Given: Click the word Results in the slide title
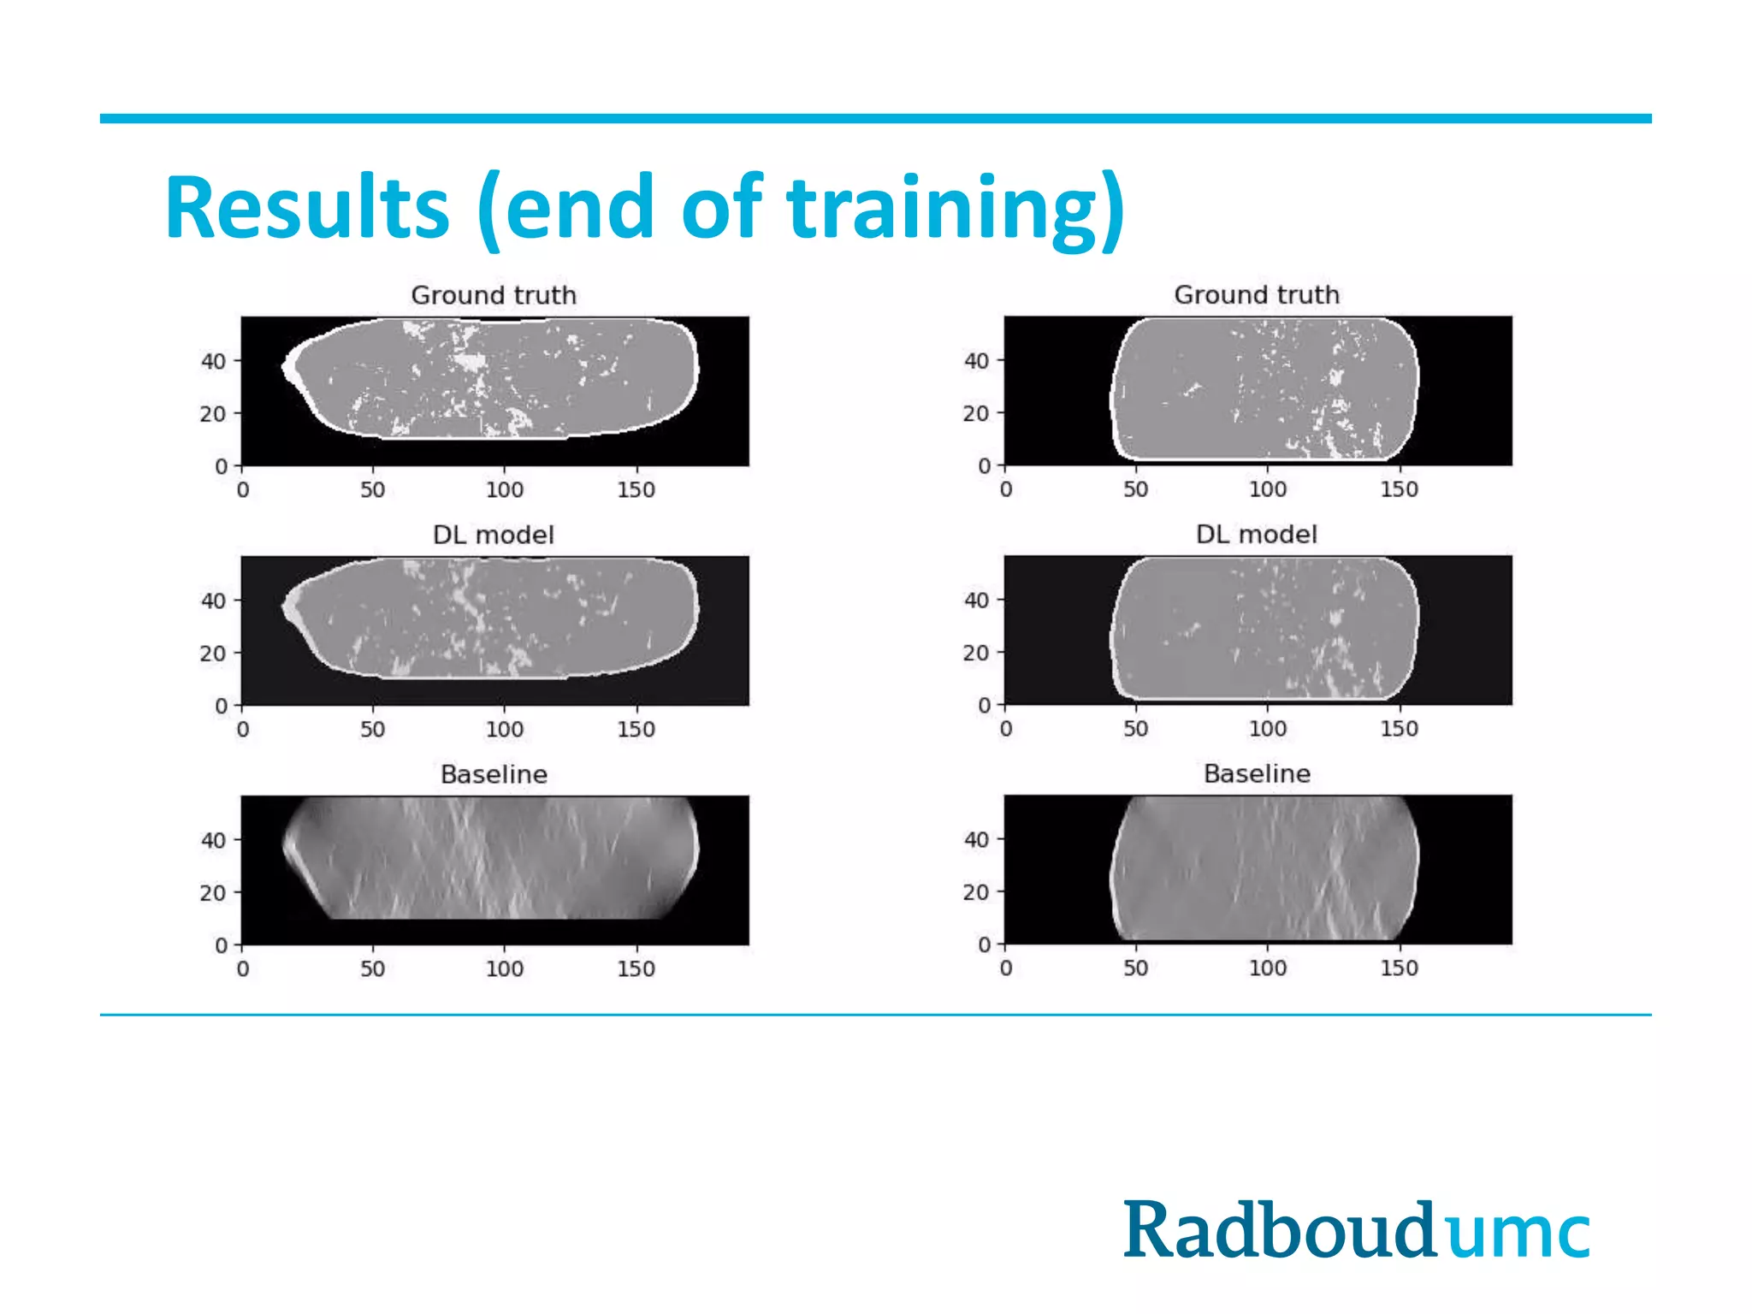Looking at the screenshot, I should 306,208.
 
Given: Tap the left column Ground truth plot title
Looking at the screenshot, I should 494,295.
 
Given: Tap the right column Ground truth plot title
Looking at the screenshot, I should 1257,294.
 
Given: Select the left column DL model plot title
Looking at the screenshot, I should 494,535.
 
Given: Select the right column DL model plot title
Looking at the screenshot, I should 1257,534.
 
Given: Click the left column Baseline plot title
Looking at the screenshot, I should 494,774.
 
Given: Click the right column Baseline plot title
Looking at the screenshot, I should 1257,773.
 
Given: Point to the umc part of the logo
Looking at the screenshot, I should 1519,1234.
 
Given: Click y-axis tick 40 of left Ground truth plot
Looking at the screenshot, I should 214,361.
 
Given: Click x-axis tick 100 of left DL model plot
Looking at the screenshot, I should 505,730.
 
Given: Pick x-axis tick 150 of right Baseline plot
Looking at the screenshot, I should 1399,968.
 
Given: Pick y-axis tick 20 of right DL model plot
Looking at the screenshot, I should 976,653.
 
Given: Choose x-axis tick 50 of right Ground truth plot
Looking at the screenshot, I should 1136,489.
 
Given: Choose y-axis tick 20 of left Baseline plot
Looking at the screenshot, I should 213,893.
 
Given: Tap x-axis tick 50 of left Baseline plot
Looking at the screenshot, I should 372,969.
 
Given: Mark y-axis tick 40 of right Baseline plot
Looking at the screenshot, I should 976,839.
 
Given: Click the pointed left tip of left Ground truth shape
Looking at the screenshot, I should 285,367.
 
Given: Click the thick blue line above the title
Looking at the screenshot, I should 875,119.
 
